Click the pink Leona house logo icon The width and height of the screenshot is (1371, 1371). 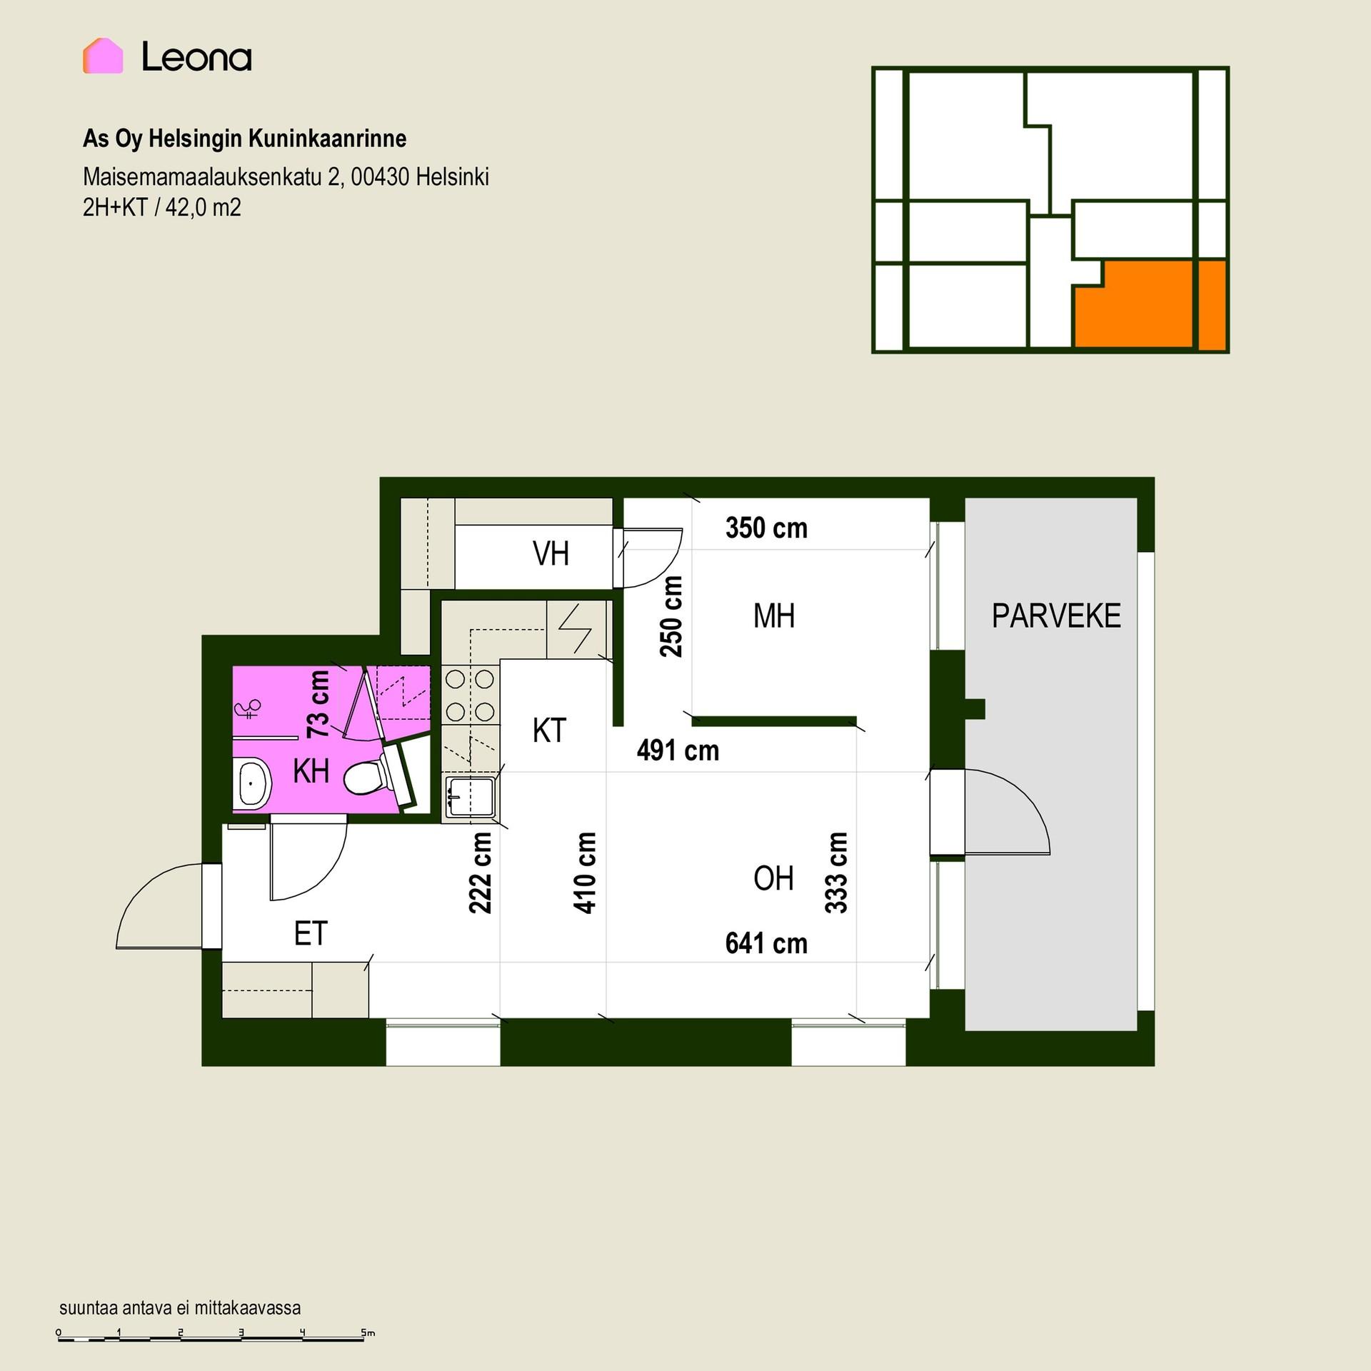(x=103, y=56)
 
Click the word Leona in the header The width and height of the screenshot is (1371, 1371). (x=196, y=56)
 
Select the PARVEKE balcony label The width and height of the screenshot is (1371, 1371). (x=1056, y=616)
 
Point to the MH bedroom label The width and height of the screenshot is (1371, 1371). (x=774, y=616)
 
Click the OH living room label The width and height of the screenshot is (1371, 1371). (x=773, y=878)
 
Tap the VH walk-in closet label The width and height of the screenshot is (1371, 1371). (x=551, y=554)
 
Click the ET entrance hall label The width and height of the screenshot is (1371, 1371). (x=311, y=934)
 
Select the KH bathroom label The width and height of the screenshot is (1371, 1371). (x=311, y=771)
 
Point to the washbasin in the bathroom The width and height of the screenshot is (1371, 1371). (x=253, y=782)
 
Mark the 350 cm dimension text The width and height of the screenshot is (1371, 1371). (x=766, y=528)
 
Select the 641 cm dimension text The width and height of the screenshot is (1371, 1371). (x=766, y=944)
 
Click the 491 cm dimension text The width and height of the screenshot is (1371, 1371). (x=678, y=750)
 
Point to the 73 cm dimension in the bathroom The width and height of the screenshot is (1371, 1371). (x=318, y=704)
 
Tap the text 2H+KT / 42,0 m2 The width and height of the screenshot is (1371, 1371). (x=162, y=208)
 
